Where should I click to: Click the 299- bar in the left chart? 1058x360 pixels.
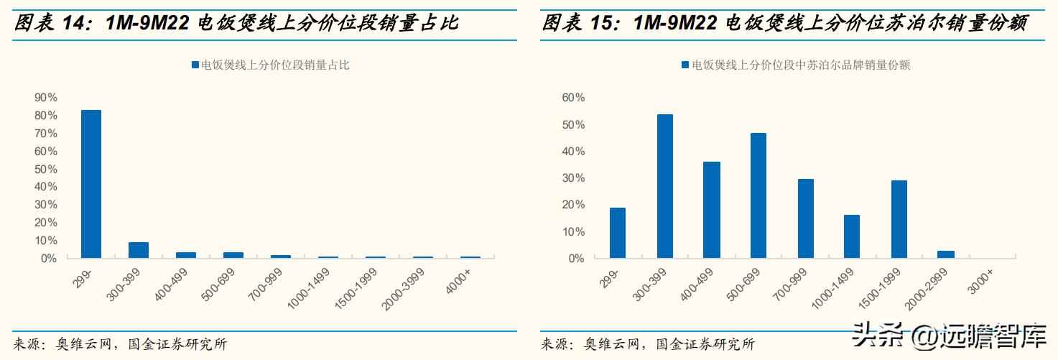[x=91, y=184]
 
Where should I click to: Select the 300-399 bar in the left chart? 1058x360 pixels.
[x=138, y=250]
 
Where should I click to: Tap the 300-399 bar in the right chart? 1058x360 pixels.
[x=664, y=186]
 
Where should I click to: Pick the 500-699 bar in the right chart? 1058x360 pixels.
[x=758, y=195]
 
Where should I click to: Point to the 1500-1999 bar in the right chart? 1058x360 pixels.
[x=899, y=219]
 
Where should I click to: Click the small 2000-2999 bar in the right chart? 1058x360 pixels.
[x=946, y=254]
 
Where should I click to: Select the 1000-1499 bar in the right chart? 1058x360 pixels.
[x=852, y=236]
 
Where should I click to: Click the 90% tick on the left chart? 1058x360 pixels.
[x=45, y=98]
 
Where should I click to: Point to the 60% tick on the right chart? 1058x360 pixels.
[x=574, y=98]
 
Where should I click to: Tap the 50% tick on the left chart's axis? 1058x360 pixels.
[x=45, y=169]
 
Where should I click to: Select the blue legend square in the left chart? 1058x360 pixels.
[x=195, y=65]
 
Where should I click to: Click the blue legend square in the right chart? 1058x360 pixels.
[x=685, y=65]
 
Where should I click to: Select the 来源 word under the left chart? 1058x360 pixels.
[x=27, y=344]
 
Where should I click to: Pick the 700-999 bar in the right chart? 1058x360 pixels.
[x=805, y=218]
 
